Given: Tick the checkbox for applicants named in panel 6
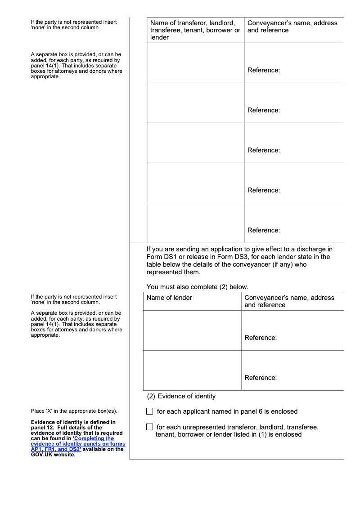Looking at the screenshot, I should (150, 411).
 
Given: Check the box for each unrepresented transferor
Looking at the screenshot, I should (150, 427).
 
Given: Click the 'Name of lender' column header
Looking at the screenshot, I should (169, 298).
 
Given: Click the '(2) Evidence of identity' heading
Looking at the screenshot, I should (181, 396).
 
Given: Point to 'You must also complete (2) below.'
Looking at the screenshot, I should (198, 287).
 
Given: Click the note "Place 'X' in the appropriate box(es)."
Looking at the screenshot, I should (74, 411).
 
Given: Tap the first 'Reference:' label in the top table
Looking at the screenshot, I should (264, 70).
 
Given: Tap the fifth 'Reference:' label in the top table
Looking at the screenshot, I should (264, 230).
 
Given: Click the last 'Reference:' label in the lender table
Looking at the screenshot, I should (261, 378).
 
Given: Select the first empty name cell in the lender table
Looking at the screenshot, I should (192, 330).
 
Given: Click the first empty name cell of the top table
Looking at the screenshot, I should (195, 63).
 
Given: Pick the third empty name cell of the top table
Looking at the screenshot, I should (195, 143).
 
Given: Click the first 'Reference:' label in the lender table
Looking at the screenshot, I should (261, 338).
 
